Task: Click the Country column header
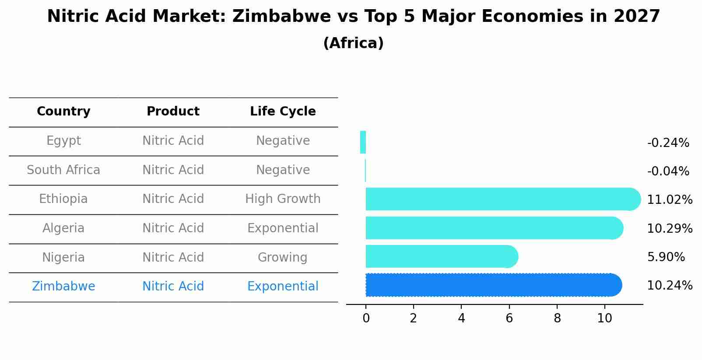[63, 112]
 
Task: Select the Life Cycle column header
[283, 112]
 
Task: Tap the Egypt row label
[63, 141]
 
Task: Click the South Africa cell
[63, 170]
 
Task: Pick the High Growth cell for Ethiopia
[283, 199]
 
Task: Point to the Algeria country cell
[63, 228]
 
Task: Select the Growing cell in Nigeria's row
[283, 257]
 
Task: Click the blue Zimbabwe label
[63, 287]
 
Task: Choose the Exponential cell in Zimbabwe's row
[283, 287]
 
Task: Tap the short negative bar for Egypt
[363, 142]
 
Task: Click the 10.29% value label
[669, 228]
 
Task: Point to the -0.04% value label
[668, 171]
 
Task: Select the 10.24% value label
[669, 286]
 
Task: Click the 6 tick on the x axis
[509, 318]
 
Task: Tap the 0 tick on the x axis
[366, 318]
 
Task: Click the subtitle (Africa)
[353, 43]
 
